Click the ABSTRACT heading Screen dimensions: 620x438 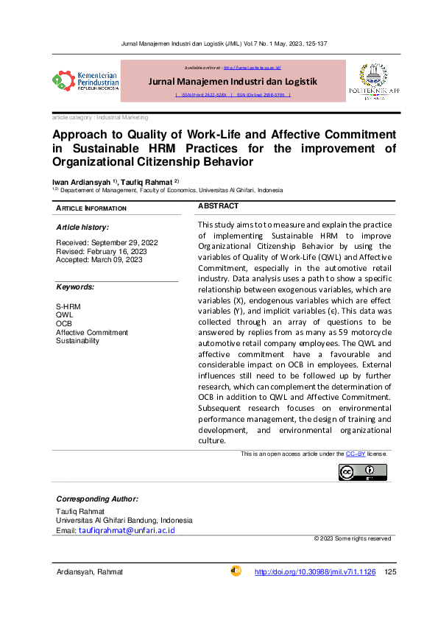pyautogui.click(x=219, y=206)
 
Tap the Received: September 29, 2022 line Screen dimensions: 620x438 pyautogui.click(x=106, y=243)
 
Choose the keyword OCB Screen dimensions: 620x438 pyautogui.click(x=64, y=323)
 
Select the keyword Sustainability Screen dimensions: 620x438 pyautogui.click(x=77, y=341)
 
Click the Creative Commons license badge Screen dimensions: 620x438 pyautogui.click(x=362, y=472)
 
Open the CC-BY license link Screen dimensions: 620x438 pyautogui.click(x=356, y=454)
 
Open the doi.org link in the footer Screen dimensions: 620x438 pyautogui.click(x=314, y=572)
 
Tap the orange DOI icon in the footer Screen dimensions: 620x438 pyautogui.click(x=236, y=571)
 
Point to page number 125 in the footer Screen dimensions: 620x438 pyautogui.click(x=391, y=572)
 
